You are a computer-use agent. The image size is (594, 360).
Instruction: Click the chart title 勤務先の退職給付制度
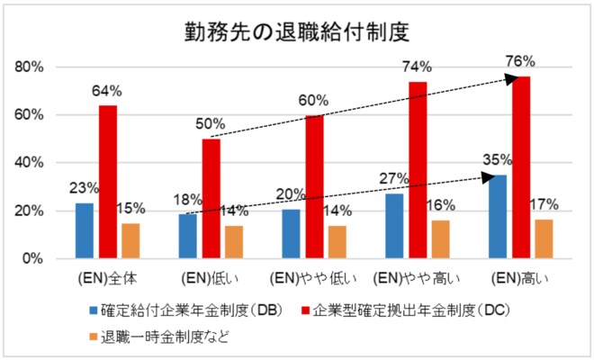(x=296, y=32)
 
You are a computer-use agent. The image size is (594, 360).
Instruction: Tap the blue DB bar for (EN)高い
(x=497, y=216)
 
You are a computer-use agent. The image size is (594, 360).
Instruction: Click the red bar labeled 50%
(x=211, y=198)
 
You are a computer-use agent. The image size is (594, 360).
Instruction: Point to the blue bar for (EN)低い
(x=186, y=236)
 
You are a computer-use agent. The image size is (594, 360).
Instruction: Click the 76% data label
(x=521, y=62)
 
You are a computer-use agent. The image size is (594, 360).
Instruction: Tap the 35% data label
(x=496, y=160)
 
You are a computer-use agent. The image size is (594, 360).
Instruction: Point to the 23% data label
(x=83, y=188)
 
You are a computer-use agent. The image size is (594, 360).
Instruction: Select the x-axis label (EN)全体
(x=107, y=274)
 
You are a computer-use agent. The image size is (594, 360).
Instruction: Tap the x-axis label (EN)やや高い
(x=418, y=274)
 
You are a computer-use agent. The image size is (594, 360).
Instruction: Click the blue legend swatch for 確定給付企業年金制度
(x=94, y=310)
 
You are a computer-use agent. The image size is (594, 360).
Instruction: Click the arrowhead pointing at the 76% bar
(x=513, y=79)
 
